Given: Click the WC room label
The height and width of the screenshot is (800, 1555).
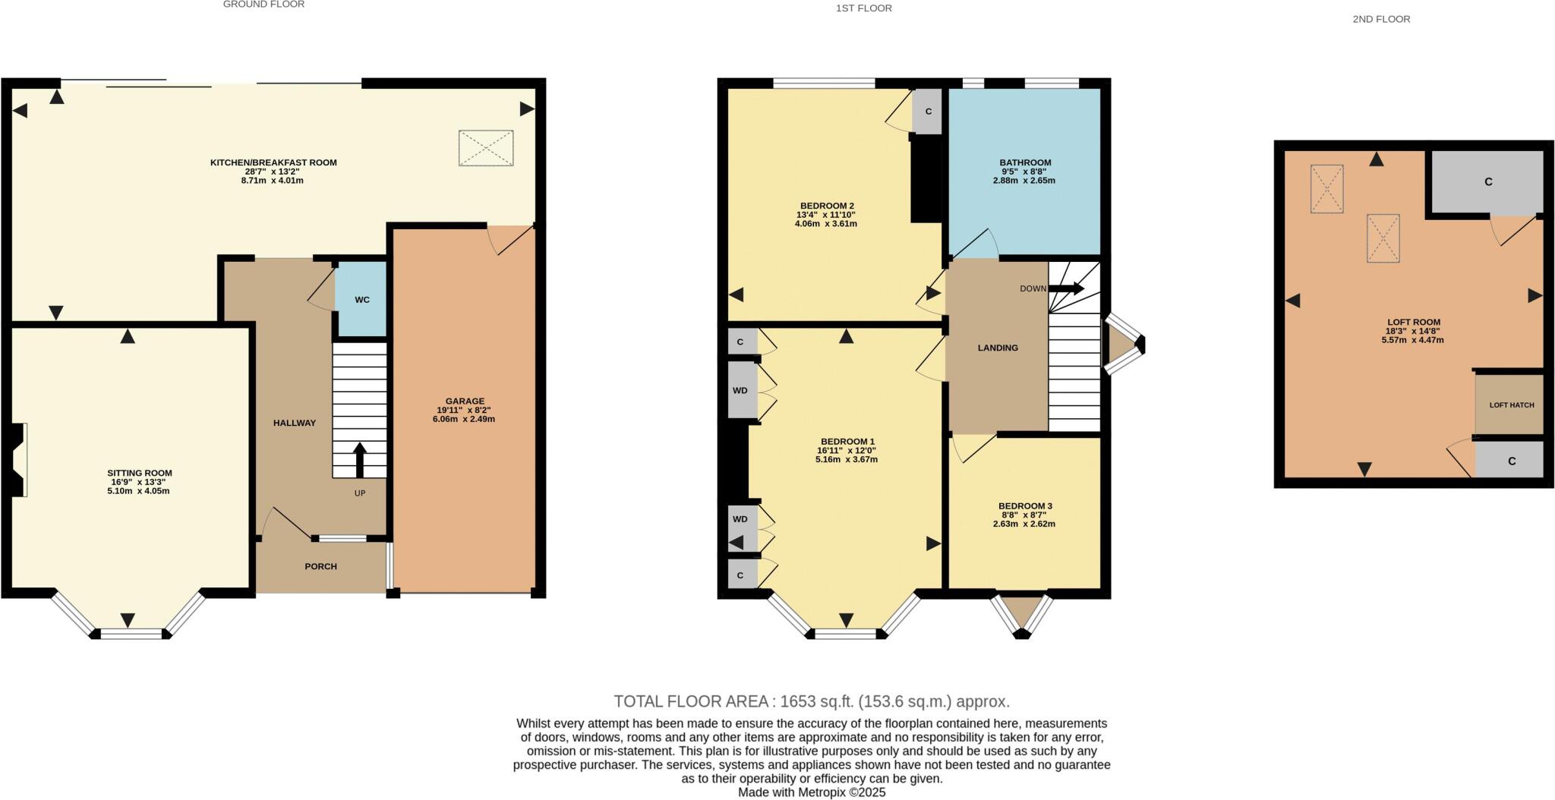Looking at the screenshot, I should [362, 300].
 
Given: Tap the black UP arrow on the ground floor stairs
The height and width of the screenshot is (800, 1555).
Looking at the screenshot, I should [360, 460].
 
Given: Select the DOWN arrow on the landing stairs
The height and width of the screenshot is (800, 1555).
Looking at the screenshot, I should [1067, 288].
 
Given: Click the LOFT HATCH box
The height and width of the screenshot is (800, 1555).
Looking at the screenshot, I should [1511, 405].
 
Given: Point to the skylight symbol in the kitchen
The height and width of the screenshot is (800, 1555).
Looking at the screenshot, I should [486, 148].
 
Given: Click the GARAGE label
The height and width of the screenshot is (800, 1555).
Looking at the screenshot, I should [465, 401].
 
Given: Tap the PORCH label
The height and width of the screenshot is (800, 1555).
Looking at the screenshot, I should [320, 566].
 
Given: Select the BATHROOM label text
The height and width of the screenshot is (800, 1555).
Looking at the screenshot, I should [1025, 162].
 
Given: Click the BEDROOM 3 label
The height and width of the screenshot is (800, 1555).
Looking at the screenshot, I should [1025, 506].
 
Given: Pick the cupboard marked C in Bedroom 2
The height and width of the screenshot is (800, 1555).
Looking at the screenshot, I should [927, 112].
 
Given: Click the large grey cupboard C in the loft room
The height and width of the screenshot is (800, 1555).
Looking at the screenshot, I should [1488, 182].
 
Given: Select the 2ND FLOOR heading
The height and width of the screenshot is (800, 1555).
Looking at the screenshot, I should [1381, 19].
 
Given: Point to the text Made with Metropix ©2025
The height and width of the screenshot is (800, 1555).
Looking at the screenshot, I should [812, 792].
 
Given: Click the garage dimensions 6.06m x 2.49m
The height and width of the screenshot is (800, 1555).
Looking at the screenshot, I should [464, 419].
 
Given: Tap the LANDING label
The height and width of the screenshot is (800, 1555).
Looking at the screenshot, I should [998, 348].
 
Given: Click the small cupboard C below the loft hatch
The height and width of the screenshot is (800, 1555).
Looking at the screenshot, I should [1511, 461].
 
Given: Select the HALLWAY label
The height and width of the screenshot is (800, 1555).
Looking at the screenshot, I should [295, 423].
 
